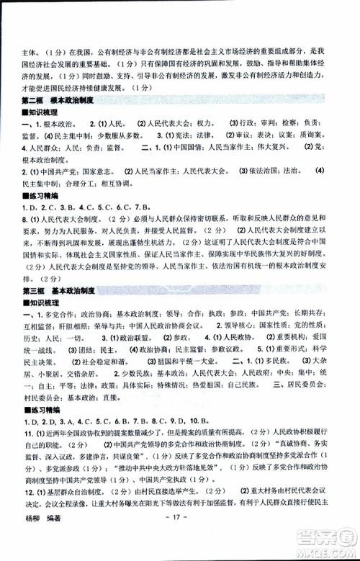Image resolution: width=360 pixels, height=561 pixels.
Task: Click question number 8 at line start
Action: coord(26,219)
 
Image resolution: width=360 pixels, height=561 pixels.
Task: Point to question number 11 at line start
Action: coord(28,453)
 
